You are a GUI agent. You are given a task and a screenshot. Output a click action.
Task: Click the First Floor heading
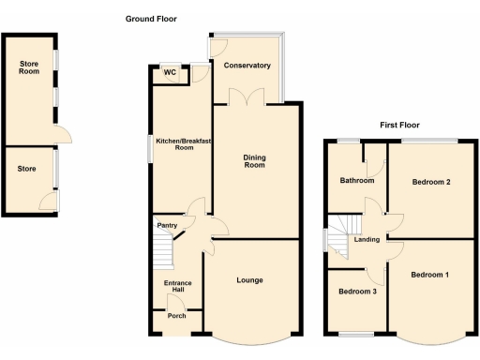[399, 125]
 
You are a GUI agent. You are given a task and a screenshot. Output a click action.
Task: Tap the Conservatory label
[247, 66]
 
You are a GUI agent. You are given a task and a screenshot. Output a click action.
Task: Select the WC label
[171, 72]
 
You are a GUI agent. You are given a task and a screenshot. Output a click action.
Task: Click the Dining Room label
[255, 161]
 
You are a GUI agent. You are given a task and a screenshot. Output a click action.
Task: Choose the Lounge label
[249, 280]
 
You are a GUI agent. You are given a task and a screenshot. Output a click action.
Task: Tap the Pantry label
[168, 225]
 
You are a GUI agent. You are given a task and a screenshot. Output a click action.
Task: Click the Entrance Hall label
[178, 286]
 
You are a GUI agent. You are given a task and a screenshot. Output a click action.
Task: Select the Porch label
[176, 315]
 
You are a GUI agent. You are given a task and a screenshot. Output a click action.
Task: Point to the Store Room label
[29, 69]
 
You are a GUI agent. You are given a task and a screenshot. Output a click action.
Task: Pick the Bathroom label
[357, 181]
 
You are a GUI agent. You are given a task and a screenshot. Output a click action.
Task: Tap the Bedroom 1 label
[430, 275]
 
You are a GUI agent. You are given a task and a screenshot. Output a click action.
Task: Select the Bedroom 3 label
[358, 292]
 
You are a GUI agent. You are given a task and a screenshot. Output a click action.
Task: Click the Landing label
[367, 240]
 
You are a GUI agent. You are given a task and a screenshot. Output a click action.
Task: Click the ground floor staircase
[165, 250]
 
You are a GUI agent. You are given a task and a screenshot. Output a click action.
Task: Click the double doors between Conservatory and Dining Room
[248, 97]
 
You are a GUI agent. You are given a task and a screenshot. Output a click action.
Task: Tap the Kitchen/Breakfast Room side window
[150, 148]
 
